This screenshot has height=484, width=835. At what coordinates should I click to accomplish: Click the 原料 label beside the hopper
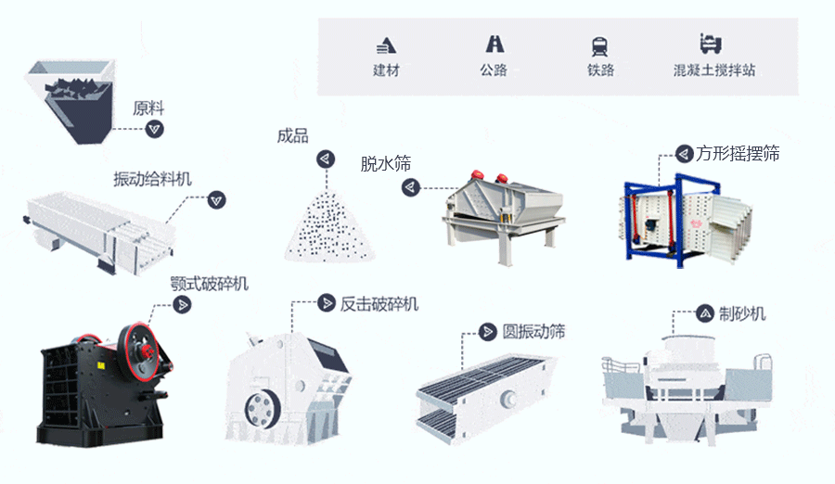(148, 108)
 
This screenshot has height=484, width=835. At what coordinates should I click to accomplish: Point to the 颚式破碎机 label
(210, 283)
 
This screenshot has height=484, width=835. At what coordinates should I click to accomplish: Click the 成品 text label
(292, 136)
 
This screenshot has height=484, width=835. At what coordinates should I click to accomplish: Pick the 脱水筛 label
(385, 164)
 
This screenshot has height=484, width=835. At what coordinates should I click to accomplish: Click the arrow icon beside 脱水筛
(410, 187)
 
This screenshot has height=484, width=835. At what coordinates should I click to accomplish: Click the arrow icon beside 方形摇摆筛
(683, 153)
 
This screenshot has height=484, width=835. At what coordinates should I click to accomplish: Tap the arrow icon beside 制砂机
(704, 313)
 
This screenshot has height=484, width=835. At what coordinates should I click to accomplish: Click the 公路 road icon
(494, 44)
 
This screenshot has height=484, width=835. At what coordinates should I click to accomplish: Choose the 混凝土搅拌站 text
(713, 70)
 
